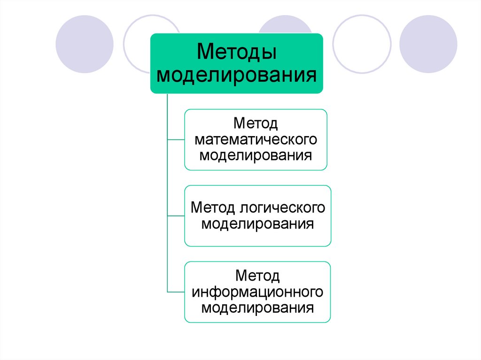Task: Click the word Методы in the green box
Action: coord(236,52)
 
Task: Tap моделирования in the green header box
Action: coord(236,75)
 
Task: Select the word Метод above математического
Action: coord(256,124)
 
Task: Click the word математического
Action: coord(256,139)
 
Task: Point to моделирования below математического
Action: coord(256,154)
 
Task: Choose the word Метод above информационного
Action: coord(257,276)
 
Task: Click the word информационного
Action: coord(257,291)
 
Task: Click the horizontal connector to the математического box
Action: coord(176,139)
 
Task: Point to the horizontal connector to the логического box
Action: coord(176,215)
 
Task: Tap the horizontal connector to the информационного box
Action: coord(176,292)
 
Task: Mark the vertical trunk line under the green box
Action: coord(167,178)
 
